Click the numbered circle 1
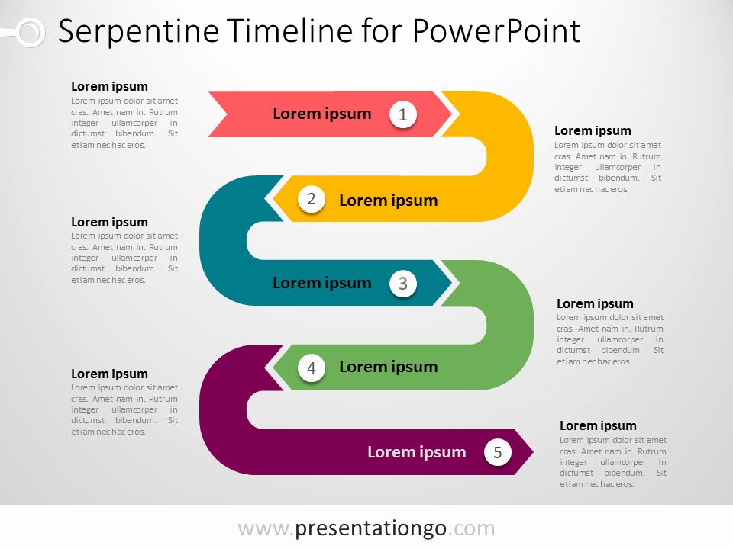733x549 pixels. pyautogui.click(x=403, y=114)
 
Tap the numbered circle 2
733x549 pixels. pyautogui.click(x=312, y=199)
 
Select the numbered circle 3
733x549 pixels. pyautogui.click(x=403, y=284)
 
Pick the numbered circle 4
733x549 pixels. pyautogui.click(x=312, y=368)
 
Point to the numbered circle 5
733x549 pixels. pyautogui.click(x=497, y=452)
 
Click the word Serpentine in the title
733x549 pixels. pyautogui.click(x=139, y=31)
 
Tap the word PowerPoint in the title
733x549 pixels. pyautogui.click(x=496, y=30)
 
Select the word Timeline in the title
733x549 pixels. pyautogui.click(x=290, y=30)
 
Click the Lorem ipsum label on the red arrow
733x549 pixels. pyautogui.click(x=322, y=114)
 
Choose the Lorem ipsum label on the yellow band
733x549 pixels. pyautogui.click(x=389, y=201)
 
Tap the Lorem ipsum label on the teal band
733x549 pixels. pyautogui.click(x=322, y=283)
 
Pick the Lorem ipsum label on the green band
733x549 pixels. pyautogui.click(x=389, y=367)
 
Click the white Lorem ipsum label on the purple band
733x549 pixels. pyautogui.click(x=417, y=452)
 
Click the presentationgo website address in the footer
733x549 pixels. pyautogui.click(x=366, y=528)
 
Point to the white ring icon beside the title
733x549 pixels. pyautogui.click(x=31, y=33)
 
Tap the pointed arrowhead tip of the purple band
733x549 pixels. pyautogui.click(x=532, y=452)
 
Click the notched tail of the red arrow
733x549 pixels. pyautogui.click(x=226, y=114)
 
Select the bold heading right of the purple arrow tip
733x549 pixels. pyautogui.click(x=598, y=425)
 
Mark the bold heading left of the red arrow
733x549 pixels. pyautogui.click(x=109, y=87)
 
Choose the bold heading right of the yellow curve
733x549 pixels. pyautogui.click(x=593, y=130)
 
